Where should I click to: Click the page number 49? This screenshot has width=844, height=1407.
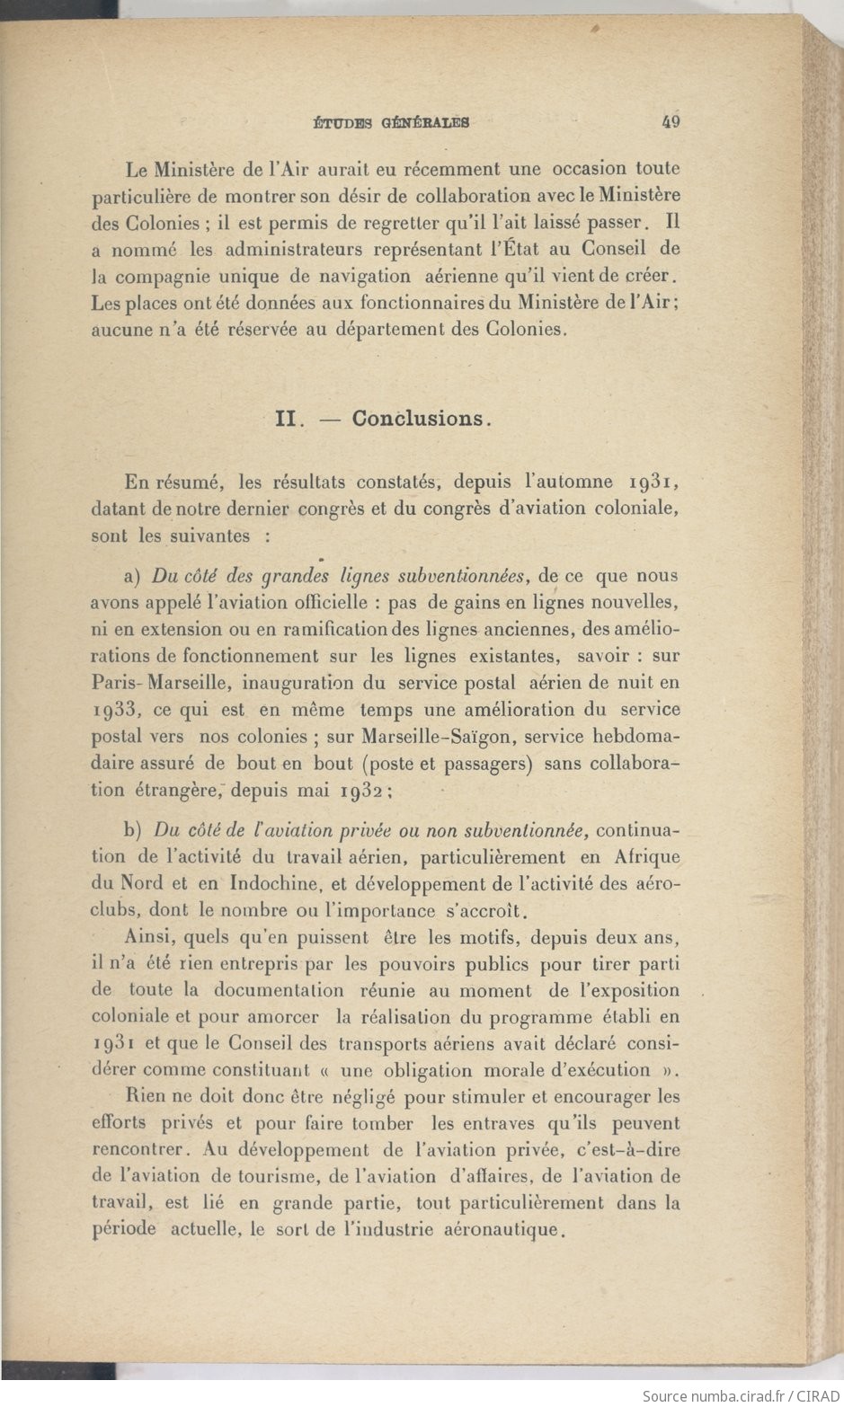tap(670, 121)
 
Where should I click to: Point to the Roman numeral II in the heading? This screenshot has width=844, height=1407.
tap(286, 419)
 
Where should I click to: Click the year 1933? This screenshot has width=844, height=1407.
tap(116, 710)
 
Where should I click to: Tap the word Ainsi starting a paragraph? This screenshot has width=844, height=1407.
tap(149, 938)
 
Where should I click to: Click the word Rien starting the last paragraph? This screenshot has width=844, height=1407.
tap(145, 1097)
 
